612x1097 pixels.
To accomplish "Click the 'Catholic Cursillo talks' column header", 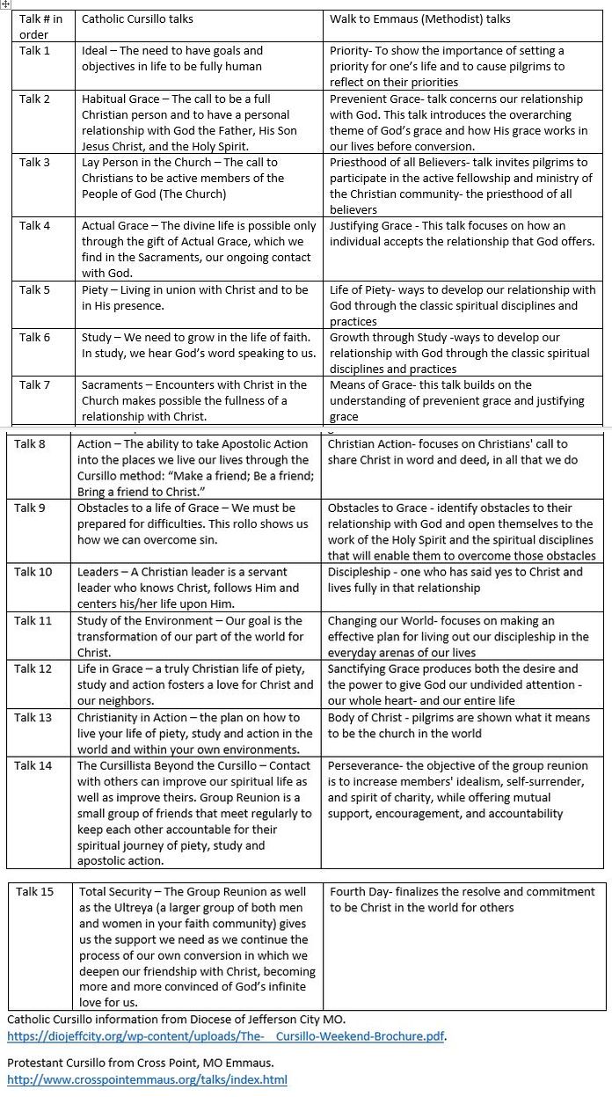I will click(x=137, y=18).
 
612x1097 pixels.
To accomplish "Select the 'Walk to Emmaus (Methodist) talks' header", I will click(x=419, y=18).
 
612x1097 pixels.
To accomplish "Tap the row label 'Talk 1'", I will click(x=35, y=51).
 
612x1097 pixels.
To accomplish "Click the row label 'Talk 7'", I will click(x=35, y=385).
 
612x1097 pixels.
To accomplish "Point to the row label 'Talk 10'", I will click(x=33, y=572).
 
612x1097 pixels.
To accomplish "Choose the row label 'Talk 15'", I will click(x=35, y=892).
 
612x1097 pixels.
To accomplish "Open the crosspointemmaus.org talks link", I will click(x=147, y=1079).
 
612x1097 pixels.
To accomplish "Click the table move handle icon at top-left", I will click(x=5, y=4).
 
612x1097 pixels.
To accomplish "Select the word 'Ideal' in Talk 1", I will click(x=94, y=51).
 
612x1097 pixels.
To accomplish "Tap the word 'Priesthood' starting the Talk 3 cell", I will click(x=361, y=163).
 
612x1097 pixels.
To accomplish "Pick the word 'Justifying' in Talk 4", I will click(x=357, y=226).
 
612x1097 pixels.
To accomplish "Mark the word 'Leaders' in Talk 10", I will click(x=99, y=572).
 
